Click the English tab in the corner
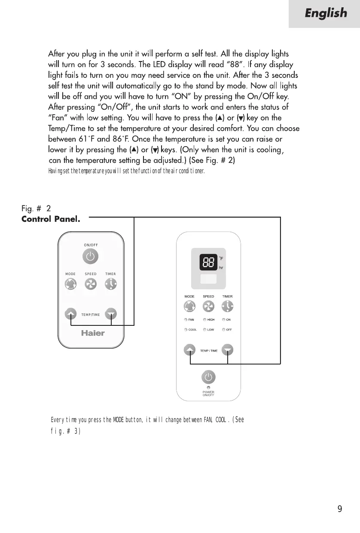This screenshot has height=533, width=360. click(325, 14)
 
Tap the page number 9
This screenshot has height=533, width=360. click(340, 509)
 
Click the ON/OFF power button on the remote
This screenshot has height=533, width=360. click(90, 257)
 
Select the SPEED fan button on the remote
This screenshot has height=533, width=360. click(90, 284)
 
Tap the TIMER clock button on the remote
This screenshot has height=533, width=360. click(111, 284)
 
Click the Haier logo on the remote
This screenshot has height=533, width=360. click(93, 333)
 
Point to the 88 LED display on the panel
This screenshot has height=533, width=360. click(208, 261)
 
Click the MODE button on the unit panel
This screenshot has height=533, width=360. click(189, 306)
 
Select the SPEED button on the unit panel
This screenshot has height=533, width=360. click(208, 306)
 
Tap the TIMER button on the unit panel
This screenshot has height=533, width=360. click(227, 306)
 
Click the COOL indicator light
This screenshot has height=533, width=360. click(186, 330)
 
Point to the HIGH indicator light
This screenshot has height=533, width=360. click(205, 320)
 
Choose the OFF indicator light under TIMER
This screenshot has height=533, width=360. click(224, 330)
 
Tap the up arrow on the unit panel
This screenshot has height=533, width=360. click(189, 350)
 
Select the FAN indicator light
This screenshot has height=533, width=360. click(186, 320)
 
